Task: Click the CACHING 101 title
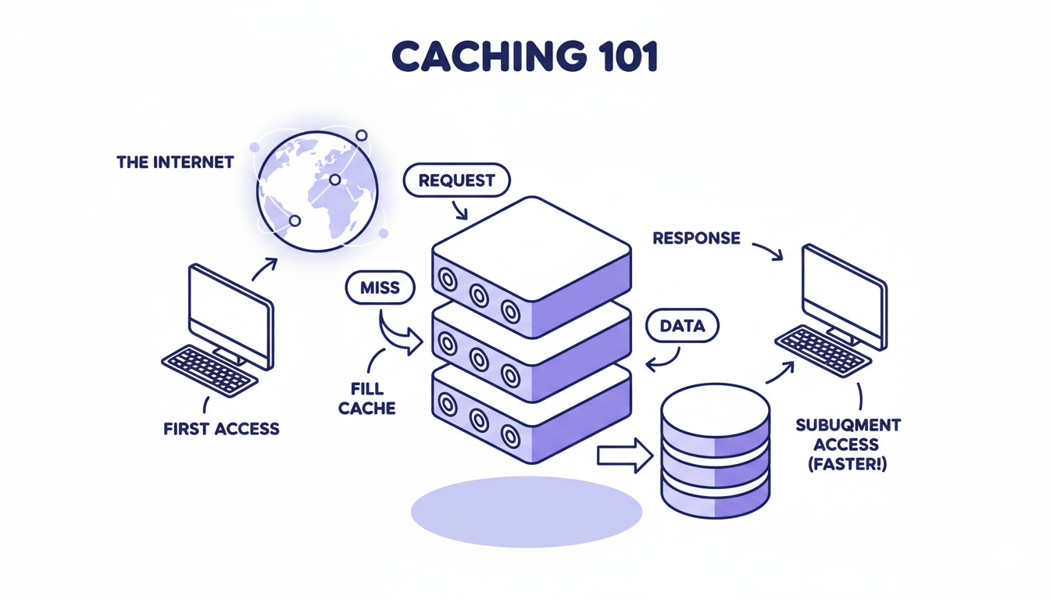(524, 57)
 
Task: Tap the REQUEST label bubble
(456, 180)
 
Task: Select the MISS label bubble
(380, 287)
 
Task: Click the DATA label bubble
(682, 327)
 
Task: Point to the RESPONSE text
(696, 238)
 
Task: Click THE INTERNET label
(175, 162)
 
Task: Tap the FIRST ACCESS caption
(221, 429)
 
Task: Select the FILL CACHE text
(366, 398)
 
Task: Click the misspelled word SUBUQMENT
(848, 425)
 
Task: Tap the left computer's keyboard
(209, 370)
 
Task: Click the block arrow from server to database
(624, 455)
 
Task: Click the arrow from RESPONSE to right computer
(767, 250)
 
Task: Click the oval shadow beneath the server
(526, 511)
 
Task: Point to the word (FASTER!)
(847, 464)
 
